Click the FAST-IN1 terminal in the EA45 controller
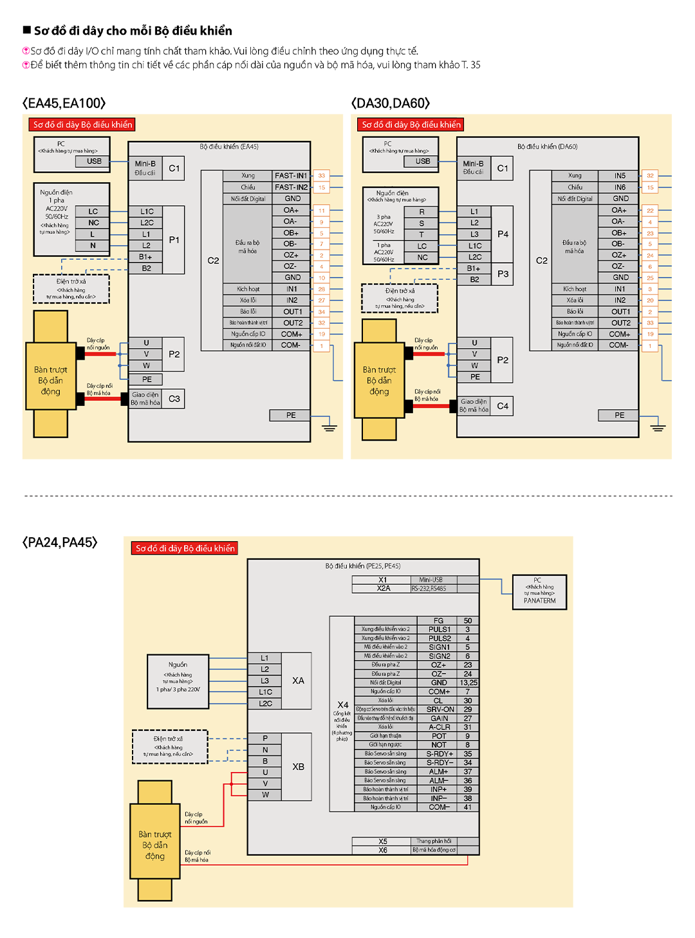[x=291, y=176]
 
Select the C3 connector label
[x=174, y=399]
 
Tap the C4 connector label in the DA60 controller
[x=503, y=406]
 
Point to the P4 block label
[x=503, y=234]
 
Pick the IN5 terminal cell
[x=619, y=176]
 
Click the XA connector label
[x=298, y=681]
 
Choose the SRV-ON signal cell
[x=440, y=710]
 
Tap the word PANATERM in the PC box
[x=539, y=601]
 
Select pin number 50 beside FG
[x=468, y=621]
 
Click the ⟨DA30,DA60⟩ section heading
[x=391, y=104]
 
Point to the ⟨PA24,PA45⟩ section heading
[x=60, y=542]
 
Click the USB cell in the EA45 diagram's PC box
[x=94, y=161]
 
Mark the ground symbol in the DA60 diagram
[x=658, y=427]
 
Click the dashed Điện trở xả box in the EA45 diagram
[x=71, y=289]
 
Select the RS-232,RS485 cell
[x=429, y=589]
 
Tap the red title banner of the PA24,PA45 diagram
[x=185, y=548]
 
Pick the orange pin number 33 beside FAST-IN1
[x=322, y=176]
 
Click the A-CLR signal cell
[x=440, y=727]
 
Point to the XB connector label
[x=298, y=767]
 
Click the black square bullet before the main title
[x=27, y=30]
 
